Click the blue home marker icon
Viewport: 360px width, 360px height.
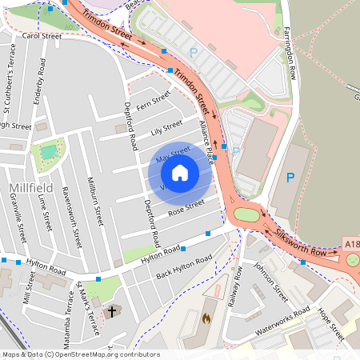[180, 173]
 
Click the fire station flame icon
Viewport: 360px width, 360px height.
[205, 318]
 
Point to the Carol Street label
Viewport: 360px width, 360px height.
[42, 36]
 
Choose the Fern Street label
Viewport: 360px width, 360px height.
[154, 102]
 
